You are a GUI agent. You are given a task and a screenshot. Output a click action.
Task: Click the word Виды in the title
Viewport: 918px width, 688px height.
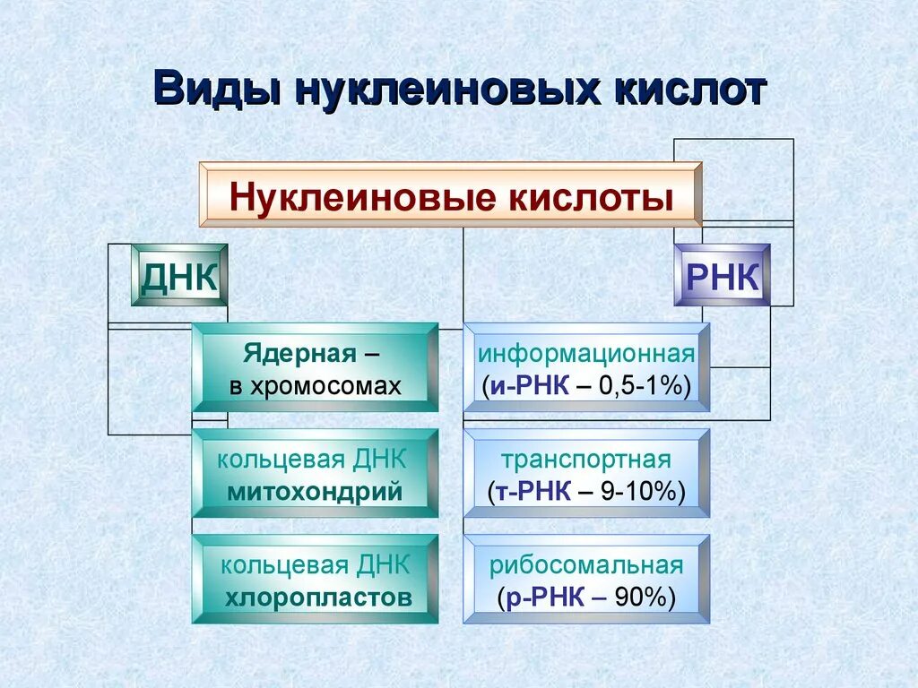(212, 91)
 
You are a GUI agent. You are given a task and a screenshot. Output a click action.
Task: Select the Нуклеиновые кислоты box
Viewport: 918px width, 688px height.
(450, 194)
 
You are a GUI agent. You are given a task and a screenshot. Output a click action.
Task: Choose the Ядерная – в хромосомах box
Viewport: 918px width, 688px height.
(315, 367)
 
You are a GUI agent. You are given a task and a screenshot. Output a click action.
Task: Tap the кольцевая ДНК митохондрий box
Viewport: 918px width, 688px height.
(315, 474)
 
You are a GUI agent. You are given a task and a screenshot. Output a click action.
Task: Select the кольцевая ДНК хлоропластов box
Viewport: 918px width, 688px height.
(315, 580)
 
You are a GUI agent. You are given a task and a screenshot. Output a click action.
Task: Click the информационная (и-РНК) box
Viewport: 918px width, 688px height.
(586, 367)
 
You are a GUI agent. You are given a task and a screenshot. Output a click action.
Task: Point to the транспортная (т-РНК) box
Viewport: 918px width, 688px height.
(586, 474)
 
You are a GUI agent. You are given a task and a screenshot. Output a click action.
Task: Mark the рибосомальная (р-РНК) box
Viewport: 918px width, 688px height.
(586, 580)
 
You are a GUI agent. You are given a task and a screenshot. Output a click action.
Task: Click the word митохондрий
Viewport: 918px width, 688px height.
(315, 491)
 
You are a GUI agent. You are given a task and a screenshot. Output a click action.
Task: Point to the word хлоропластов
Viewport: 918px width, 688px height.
(318, 598)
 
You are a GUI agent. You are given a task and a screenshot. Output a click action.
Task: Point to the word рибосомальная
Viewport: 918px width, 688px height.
(586, 565)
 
